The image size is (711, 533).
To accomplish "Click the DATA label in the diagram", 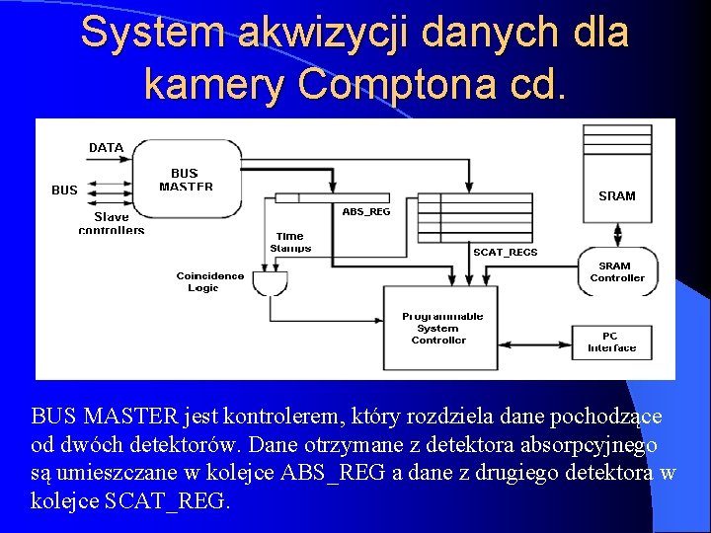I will [106, 148].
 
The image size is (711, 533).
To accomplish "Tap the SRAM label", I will [617, 195].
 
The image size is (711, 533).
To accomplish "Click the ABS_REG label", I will [366, 211].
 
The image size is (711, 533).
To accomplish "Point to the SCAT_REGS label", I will [506, 252].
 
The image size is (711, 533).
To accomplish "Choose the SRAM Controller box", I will [617, 271].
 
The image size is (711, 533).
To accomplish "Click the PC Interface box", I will [612, 342].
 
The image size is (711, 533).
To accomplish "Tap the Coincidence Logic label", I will [210, 281].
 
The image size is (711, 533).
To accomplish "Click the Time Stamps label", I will [290, 242].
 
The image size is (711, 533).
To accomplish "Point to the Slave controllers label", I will [112, 223].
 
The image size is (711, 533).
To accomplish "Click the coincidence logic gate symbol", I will [270, 283].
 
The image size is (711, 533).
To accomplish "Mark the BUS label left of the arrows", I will [64, 190].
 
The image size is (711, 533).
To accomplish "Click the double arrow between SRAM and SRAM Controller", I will [617, 233].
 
